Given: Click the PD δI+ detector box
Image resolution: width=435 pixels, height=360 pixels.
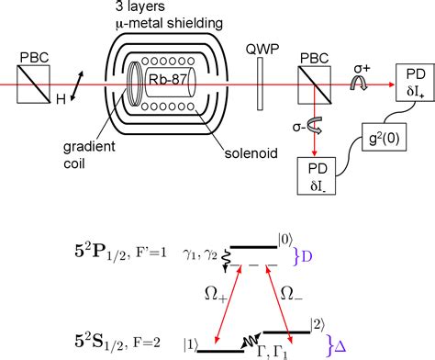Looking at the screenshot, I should coord(409,80).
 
